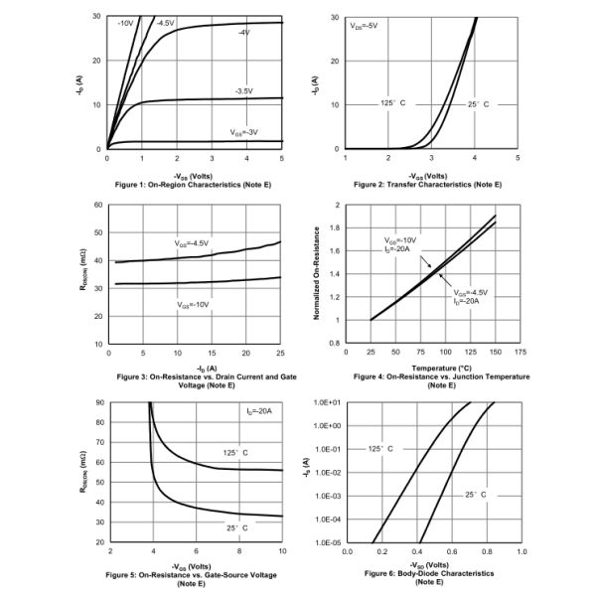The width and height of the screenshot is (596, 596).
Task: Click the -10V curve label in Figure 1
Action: click(x=125, y=22)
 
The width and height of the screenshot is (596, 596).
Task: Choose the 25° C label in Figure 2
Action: click(x=478, y=103)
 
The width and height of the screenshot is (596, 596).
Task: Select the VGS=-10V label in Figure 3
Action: click(x=193, y=305)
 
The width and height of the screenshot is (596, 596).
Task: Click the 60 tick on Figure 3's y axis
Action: click(x=98, y=205)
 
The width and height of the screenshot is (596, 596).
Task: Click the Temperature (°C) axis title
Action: click(x=428, y=368)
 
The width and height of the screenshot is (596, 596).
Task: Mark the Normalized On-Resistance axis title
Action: click(x=317, y=273)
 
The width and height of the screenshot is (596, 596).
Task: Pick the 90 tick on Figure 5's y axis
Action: click(x=98, y=402)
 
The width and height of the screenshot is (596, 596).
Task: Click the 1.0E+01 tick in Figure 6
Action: click(x=327, y=402)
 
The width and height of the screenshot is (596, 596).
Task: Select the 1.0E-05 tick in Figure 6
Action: click(x=327, y=542)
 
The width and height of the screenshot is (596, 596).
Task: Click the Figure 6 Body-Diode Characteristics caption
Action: click(x=428, y=575)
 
